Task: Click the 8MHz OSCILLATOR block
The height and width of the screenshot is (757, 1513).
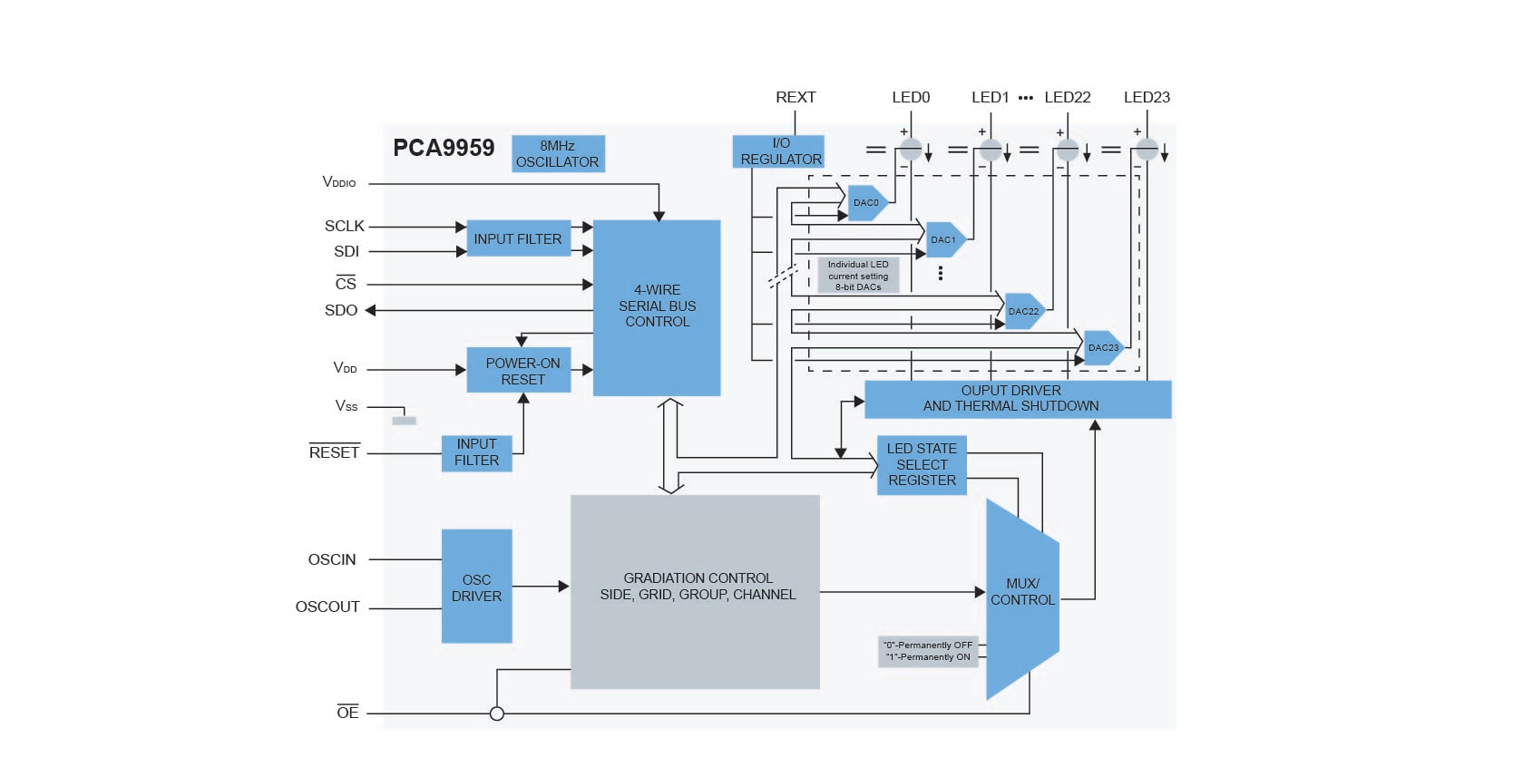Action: tap(558, 154)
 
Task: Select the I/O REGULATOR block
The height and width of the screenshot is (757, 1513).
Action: tap(778, 151)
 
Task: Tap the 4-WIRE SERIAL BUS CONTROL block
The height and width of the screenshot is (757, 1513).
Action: tap(657, 306)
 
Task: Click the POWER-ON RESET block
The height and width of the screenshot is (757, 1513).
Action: tap(519, 371)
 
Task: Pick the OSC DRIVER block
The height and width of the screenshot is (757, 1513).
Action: tap(476, 587)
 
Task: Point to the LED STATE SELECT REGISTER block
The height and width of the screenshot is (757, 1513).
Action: tap(922, 464)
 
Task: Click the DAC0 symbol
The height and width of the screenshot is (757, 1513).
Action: tap(866, 203)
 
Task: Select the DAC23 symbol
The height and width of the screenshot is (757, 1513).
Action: tap(1103, 348)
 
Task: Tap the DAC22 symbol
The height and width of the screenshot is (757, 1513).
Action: tap(1024, 311)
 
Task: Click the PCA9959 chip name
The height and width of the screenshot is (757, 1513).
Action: tap(444, 149)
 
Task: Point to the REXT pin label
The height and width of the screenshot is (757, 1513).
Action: tap(796, 97)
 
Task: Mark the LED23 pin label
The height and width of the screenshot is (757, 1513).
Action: tap(1147, 97)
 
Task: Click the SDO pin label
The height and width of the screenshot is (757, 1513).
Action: tap(341, 310)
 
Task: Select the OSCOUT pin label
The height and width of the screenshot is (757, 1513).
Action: tap(327, 607)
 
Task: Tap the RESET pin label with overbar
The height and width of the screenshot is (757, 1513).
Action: tap(334, 452)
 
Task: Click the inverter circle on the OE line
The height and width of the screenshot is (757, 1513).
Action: tap(497, 713)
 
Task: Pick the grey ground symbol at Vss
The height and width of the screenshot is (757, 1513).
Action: tap(404, 421)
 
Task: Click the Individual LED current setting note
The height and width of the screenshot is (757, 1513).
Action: tap(858, 276)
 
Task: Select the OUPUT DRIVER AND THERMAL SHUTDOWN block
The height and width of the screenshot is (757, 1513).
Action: tap(1018, 399)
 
